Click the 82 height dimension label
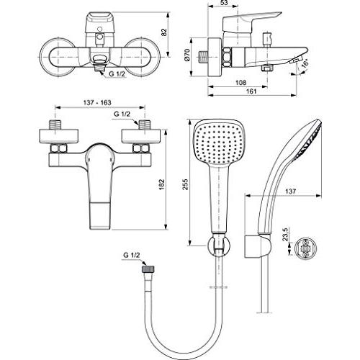point(164,32)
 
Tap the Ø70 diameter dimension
point(187,54)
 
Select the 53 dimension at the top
point(223,3)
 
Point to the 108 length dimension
point(240,83)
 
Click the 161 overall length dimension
point(251,91)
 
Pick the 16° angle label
point(305,64)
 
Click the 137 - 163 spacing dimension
point(97,103)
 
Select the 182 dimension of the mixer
point(162,184)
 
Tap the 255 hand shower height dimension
point(185,184)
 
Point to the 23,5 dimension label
point(285,235)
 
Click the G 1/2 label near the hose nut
point(132,255)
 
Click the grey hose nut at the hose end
point(148,269)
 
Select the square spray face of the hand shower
point(218,142)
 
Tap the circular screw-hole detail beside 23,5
point(305,248)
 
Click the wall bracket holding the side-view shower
point(258,246)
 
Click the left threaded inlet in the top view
point(55,125)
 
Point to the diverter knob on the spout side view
point(267,38)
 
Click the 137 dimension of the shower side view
point(291,192)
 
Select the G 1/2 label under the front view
point(117,74)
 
